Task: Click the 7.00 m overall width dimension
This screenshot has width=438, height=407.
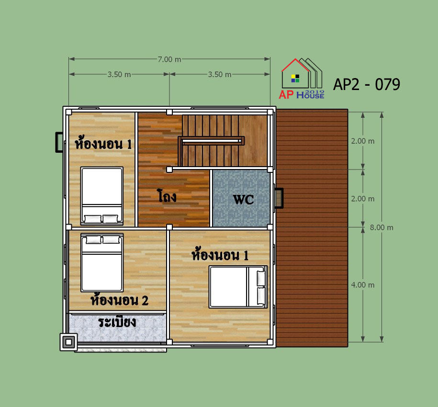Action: pos(169,59)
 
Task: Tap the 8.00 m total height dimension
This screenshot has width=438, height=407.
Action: pos(382,227)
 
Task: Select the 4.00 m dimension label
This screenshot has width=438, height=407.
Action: pos(362,285)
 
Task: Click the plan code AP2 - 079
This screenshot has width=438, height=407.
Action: pos(367,84)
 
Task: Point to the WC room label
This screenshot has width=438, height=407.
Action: pos(243,200)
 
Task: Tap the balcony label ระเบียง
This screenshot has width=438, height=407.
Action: pos(117,322)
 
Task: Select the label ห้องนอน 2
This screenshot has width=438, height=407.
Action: pos(119,299)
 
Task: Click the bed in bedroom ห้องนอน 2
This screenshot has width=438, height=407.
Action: pos(102,262)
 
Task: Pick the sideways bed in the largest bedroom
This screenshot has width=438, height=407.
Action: pos(238,287)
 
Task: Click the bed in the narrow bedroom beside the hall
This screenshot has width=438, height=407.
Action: pos(102,196)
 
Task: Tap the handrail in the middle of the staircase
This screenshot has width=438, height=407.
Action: pos(212,141)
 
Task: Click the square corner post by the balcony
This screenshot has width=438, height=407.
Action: pos(69,342)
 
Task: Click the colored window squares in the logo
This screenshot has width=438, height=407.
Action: pos(295,78)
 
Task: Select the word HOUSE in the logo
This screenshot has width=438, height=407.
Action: pos(310,95)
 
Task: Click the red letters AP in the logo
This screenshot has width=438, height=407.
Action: pos(286,95)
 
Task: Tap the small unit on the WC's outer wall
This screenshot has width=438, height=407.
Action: pos(279,198)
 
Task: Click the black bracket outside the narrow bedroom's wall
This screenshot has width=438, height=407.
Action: pos(59,142)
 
